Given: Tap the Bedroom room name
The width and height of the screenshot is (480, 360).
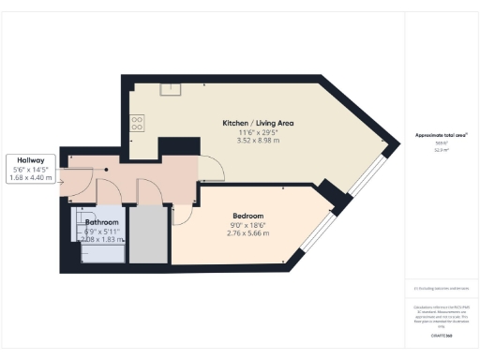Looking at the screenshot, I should [247, 216].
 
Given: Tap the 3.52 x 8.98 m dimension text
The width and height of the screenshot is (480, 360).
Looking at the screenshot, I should [260, 141].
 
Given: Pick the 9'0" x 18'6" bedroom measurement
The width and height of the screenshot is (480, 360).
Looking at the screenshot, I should [247, 224].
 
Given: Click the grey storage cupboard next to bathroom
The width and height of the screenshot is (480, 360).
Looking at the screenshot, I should [146, 234].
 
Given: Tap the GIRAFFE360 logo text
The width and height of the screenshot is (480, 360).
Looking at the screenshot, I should [440, 335].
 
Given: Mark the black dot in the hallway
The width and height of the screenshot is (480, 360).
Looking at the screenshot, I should [107, 170].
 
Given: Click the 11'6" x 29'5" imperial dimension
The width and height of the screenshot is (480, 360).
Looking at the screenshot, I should [260, 132].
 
